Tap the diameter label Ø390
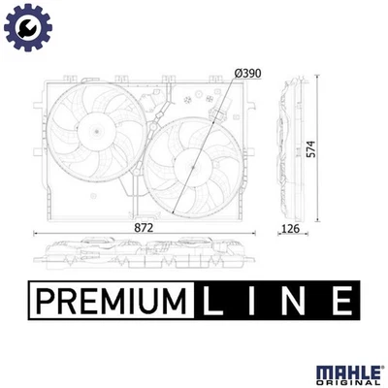click(x=247, y=73)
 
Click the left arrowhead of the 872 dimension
click(x=35, y=234)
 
